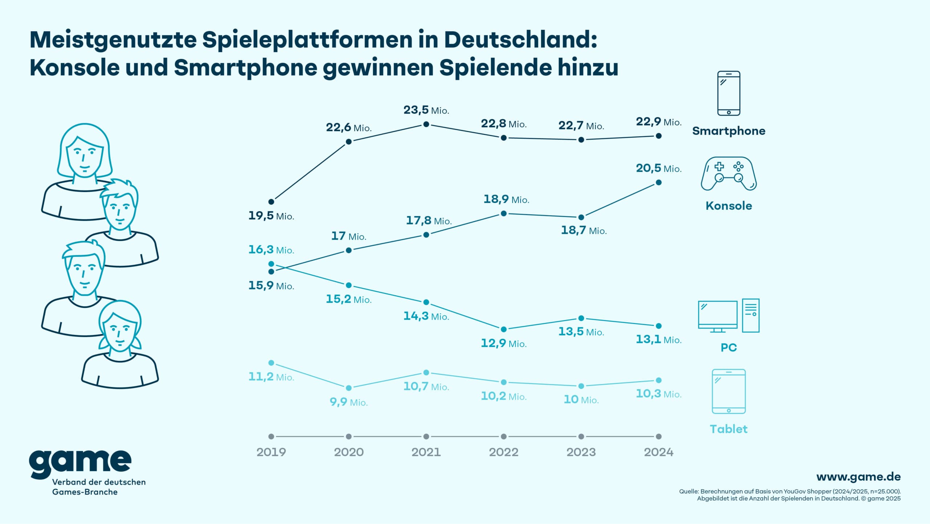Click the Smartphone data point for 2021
pos(426,124)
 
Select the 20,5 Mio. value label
pos(658,168)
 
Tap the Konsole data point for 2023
pos(581,217)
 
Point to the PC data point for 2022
pos(504,329)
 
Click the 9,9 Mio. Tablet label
pos(348,402)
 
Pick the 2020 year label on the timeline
pos(348,452)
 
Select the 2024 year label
pos(658,452)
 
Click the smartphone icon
pos(728,93)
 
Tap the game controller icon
pos(728,174)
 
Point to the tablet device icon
pos(728,391)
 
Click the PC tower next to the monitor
pos(751,315)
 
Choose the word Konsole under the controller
pos(728,206)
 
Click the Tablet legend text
pos(728,429)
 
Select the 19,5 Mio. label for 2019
pos(271,216)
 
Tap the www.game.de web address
pos(858,477)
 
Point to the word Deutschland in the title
pos(520,40)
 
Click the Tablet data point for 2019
pos(271,363)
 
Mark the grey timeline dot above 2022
pos(504,436)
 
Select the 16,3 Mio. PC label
pos(271,250)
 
